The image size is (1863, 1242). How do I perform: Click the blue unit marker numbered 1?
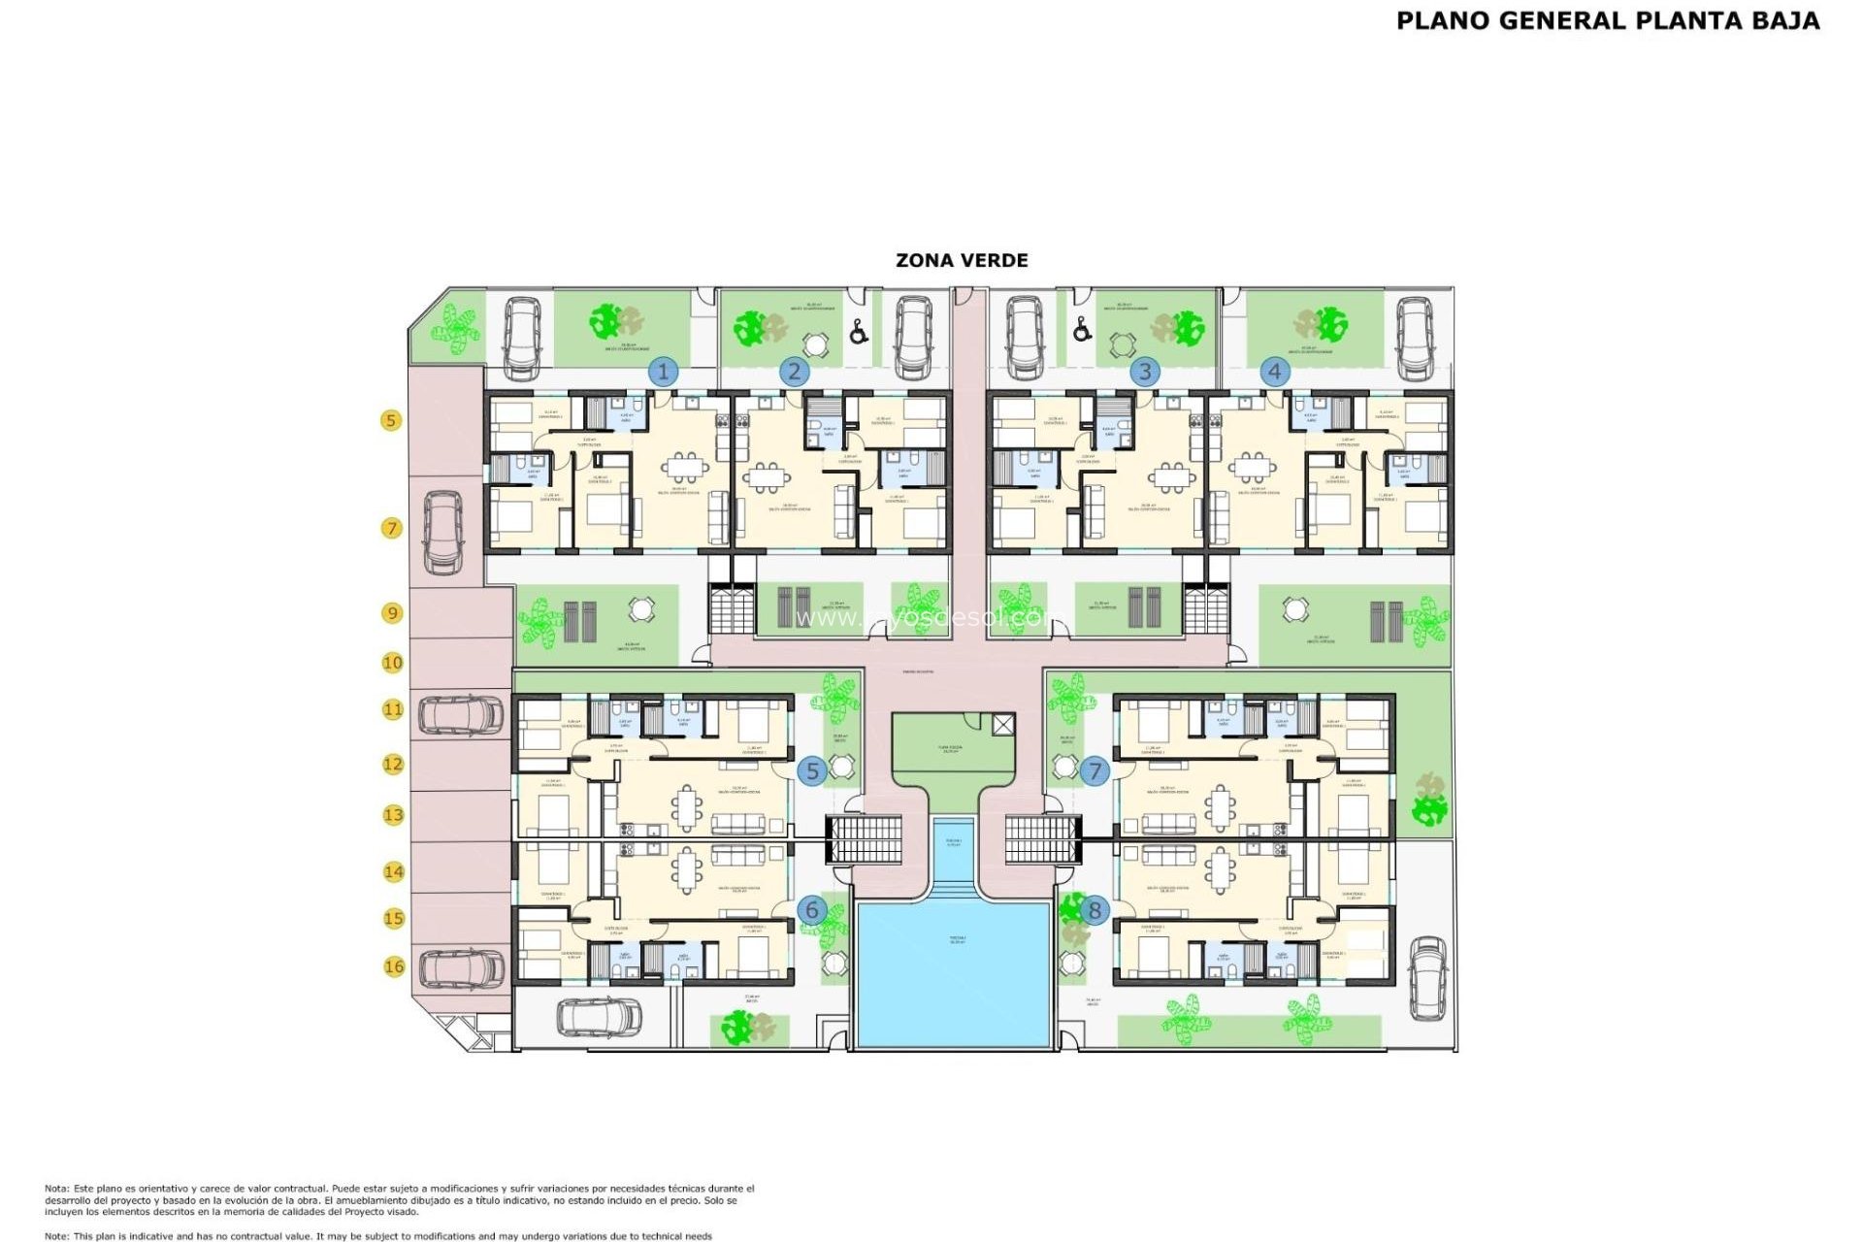pos(664,372)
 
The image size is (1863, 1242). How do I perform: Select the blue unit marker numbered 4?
pos(1275,371)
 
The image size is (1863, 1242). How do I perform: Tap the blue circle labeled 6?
pos(812,910)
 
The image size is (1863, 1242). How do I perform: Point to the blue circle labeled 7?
pos(1095,771)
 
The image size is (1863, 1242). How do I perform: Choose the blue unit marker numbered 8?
pos(1095,910)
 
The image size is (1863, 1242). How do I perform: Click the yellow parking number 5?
pos(391,420)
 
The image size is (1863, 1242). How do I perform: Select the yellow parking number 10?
pos(392,663)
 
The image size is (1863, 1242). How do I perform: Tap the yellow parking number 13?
pos(393,815)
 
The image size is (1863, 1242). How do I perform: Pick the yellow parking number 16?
pos(394,966)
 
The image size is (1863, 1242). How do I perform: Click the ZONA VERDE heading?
pos(962,260)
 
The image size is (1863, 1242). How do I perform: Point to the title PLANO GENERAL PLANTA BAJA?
pos(1608,21)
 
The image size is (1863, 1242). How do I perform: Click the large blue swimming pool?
pos(954,974)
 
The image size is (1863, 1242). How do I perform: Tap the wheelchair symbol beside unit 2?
pos(859,333)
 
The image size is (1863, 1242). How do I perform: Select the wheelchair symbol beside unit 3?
pos(1082,331)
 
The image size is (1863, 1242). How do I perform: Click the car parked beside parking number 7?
pos(443,533)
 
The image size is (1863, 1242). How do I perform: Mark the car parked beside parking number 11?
pos(461,715)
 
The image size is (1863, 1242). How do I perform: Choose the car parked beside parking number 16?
pos(462,967)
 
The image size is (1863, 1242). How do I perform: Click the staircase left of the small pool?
pos(865,839)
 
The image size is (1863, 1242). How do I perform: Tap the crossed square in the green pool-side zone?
pos(1003,724)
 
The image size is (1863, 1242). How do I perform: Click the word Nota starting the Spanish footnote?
pos(56,1189)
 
